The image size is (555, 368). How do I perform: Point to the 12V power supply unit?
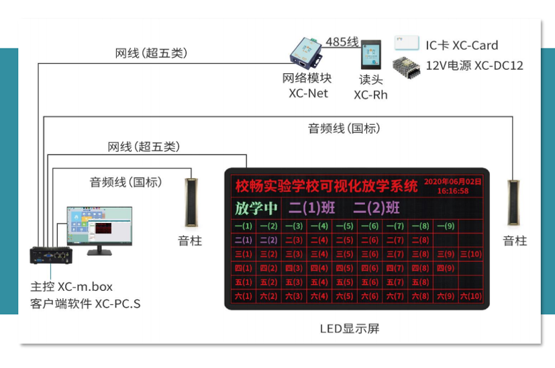[407, 66]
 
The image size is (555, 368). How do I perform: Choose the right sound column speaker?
[514, 201]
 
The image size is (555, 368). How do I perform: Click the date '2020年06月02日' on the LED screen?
[453, 181]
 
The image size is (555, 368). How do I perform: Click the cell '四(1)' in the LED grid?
[244, 268]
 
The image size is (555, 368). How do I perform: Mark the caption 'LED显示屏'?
[349, 328]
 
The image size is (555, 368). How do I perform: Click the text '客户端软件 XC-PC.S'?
[85, 304]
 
